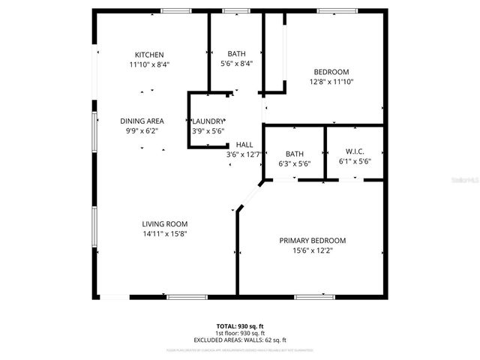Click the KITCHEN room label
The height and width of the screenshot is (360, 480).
coord(149,55)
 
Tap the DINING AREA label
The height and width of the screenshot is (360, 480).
coord(142,121)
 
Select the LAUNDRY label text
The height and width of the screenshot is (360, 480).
coord(208,121)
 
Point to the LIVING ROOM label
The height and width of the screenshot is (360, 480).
coord(165,223)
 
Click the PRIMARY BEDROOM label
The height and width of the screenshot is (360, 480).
coord(313,240)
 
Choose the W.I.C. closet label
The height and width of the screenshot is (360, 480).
coord(355,153)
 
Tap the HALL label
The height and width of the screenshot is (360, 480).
coord(244,145)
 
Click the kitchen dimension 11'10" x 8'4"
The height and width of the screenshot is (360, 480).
coord(149,64)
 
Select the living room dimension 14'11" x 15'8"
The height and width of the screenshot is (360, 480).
coord(165,234)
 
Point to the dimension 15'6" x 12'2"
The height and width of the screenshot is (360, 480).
coord(313,250)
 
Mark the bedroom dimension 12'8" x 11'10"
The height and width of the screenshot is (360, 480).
coord(330,82)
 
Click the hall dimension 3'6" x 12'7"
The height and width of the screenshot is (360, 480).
coord(244,155)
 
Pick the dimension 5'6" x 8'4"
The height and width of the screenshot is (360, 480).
coord(237,64)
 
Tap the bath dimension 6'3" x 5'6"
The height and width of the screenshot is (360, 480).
coord(294,163)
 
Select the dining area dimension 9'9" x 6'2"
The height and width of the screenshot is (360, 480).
coord(142,130)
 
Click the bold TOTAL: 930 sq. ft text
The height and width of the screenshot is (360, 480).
coord(240,325)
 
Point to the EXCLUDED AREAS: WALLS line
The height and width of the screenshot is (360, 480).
coord(240,340)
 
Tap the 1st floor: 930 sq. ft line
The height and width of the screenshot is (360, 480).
coord(240,333)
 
